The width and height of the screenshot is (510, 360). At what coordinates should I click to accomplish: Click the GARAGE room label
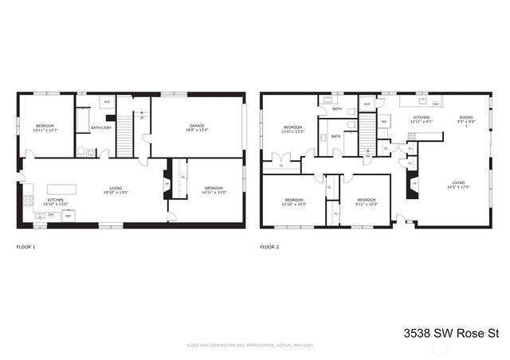coord(197,125)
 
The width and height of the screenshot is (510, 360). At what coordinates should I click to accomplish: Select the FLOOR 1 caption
coord(26,247)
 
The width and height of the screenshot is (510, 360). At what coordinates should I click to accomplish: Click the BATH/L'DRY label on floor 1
coord(100,127)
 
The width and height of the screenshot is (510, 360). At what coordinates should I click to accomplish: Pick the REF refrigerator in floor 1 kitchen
coord(68,216)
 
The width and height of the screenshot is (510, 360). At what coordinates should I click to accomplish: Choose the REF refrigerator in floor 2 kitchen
coord(383,122)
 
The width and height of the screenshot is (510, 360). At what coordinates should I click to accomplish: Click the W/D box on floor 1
coord(107,101)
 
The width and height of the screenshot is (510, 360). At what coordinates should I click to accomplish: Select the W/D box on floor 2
coord(367,104)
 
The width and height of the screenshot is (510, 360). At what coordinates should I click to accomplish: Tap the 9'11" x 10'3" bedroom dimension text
coord(367,205)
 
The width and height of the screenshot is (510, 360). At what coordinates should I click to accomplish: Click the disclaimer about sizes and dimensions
coord(255,346)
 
